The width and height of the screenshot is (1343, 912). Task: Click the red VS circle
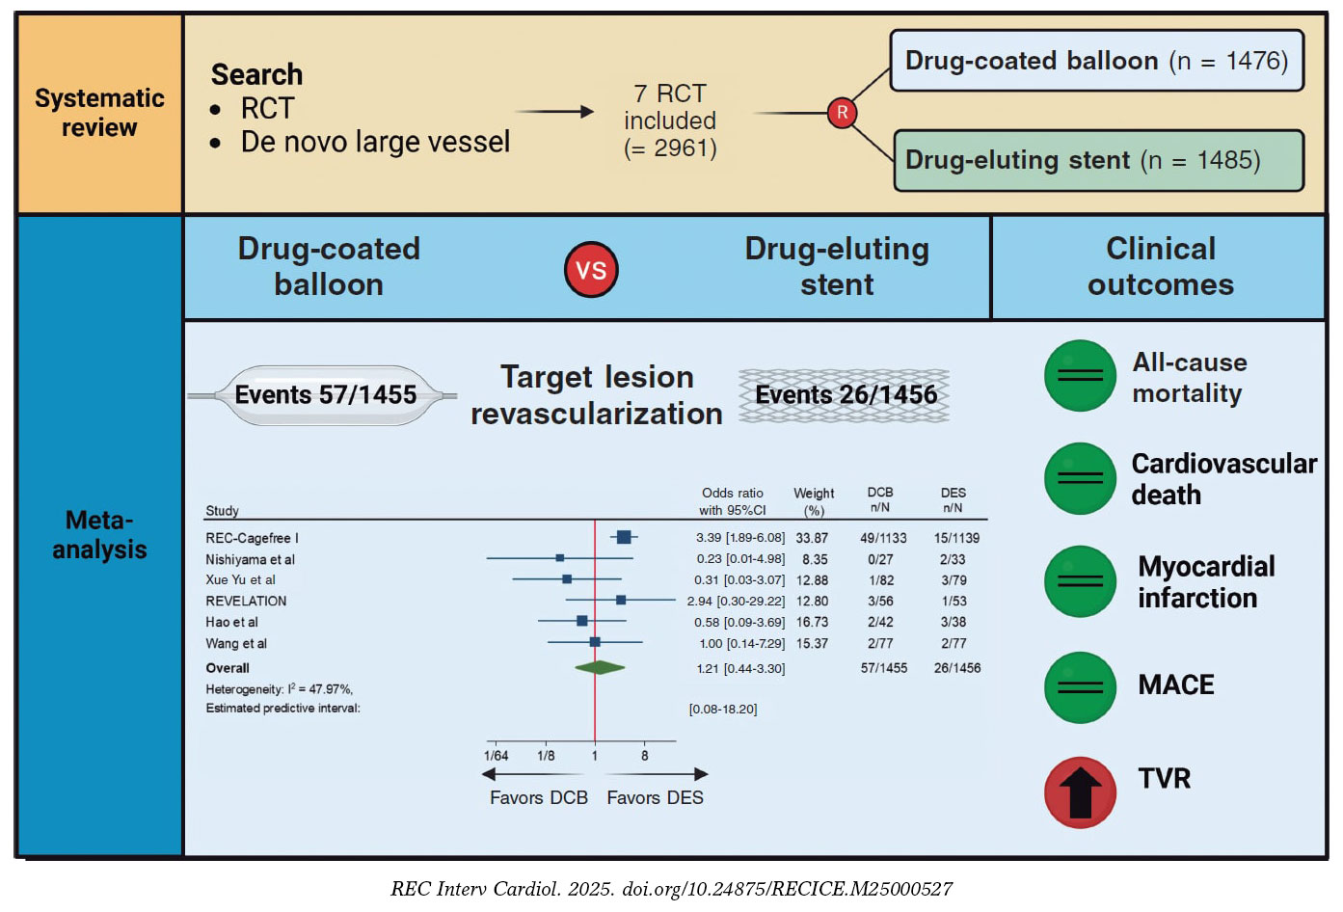coord(590,270)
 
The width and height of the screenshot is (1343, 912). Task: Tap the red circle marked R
coord(842,113)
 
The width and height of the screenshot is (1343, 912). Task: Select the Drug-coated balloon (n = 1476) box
coord(1096,61)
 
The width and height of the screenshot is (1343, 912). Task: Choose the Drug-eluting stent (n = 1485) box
coord(1098,160)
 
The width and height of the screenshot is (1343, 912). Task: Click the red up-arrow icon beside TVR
coord(1080,792)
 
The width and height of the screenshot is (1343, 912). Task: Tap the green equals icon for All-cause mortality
coord(1080,376)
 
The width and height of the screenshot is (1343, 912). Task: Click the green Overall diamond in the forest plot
coord(600,667)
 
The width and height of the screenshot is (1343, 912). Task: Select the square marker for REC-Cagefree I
coord(624,537)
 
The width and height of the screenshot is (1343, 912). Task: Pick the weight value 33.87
coord(812,538)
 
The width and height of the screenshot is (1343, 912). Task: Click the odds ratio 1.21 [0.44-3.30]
coord(740,668)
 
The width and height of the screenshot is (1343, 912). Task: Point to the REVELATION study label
coord(246,601)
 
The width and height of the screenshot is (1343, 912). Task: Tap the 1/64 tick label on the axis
coord(496,756)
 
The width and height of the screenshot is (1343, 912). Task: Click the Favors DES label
coord(655,797)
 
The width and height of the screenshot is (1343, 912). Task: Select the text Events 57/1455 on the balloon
coord(326,394)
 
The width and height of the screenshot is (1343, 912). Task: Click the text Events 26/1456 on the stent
coord(846,394)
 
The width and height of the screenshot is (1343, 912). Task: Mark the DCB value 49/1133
coord(883,538)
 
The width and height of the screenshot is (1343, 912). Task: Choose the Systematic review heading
coord(99,113)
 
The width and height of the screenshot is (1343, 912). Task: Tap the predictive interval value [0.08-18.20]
coord(723,709)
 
